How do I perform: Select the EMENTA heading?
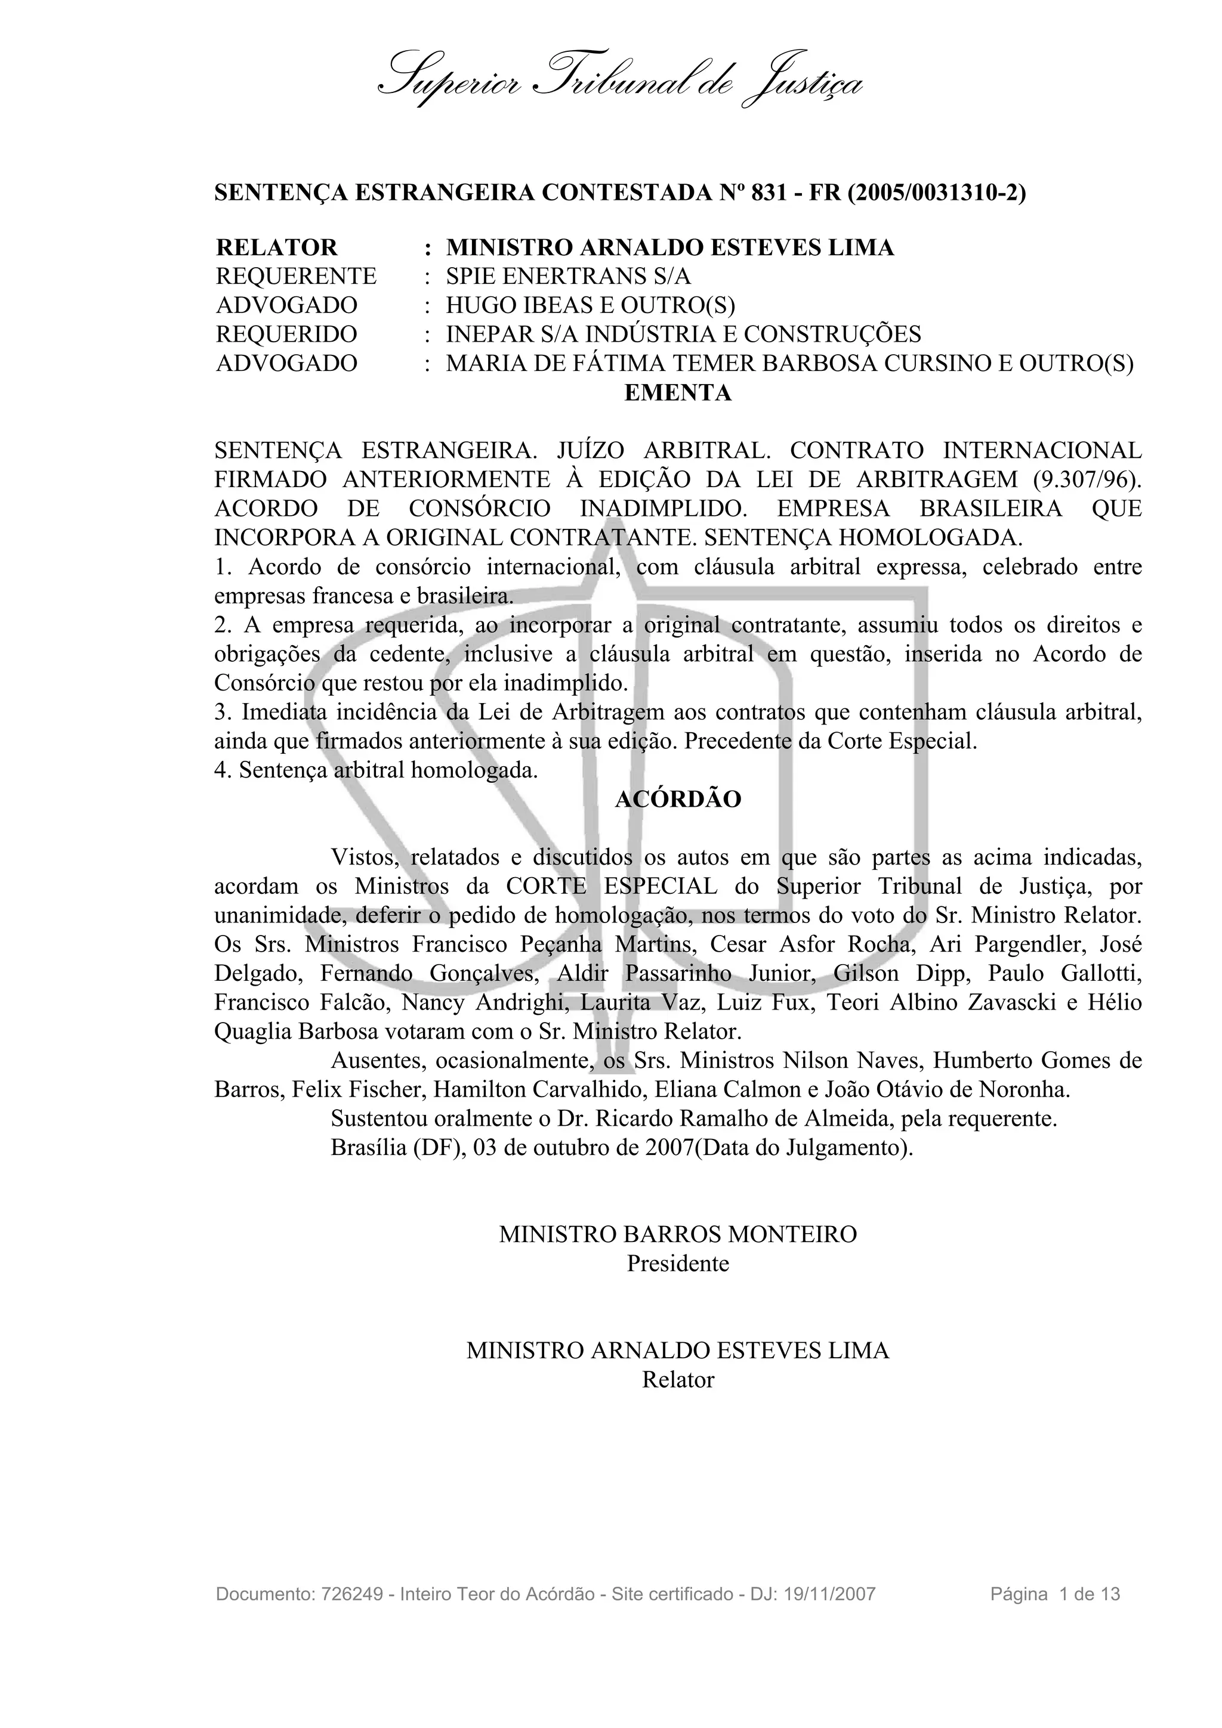click(x=678, y=393)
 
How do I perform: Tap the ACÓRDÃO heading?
click(x=678, y=799)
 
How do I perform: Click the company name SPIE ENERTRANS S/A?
click(x=567, y=276)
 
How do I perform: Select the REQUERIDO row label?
click(x=286, y=334)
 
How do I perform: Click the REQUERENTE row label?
click(x=296, y=276)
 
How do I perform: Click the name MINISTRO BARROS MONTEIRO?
click(x=678, y=1234)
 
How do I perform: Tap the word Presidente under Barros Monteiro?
click(x=678, y=1263)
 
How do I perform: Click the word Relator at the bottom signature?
click(x=678, y=1380)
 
